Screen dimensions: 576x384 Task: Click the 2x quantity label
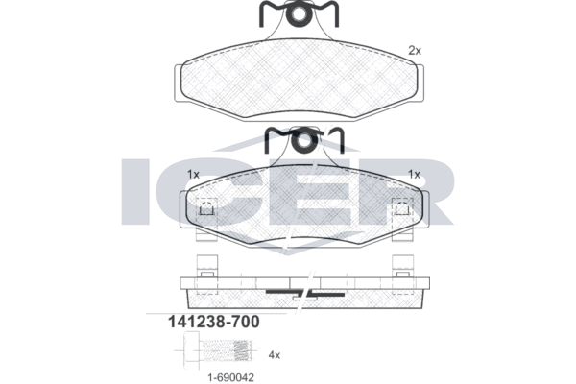tap(415, 51)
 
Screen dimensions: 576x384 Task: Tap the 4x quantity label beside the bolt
tap(275, 355)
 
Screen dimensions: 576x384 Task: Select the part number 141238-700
tap(213, 322)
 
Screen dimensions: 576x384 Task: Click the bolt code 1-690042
tap(230, 377)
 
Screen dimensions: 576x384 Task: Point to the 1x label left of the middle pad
tap(193, 174)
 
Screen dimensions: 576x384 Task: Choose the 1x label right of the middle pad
tap(415, 174)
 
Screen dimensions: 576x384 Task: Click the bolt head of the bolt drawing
tap(191, 350)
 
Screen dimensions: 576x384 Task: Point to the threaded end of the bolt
tap(244, 350)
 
